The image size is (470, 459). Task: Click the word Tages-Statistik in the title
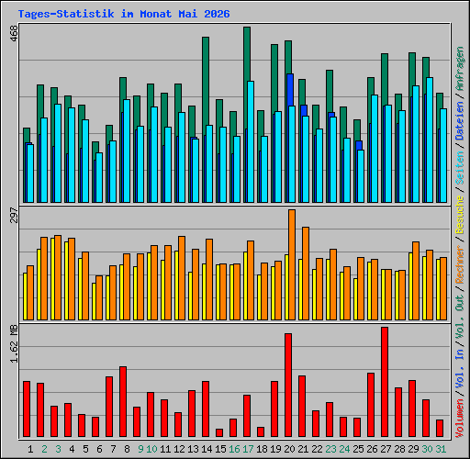pyautogui.click(x=66, y=14)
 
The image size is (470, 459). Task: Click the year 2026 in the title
pyautogui.click(x=217, y=14)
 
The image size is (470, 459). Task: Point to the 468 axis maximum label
pyautogui.click(x=14, y=34)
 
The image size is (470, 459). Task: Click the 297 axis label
pyautogui.click(x=14, y=215)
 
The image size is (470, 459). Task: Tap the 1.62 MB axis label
pyautogui.click(x=14, y=343)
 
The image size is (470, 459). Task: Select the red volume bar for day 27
pyautogui.click(x=385, y=382)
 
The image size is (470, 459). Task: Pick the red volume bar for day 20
pyautogui.click(x=288, y=385)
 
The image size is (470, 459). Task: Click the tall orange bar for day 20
pyautogui.click(x=292, y=264)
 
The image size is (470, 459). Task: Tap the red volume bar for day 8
pyautogui.click(x=123, y=401)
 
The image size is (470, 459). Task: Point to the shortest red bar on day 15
pyautogui.click(x=219, y=432)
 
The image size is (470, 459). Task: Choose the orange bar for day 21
pyautogui.click(x=306, y=274)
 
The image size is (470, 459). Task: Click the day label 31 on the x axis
pyautogui.click(x=441, y=449)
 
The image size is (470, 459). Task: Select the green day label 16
pyautogui.click(x=234, y=449)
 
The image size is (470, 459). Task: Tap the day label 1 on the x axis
pyautogui.click(x=30, y=449)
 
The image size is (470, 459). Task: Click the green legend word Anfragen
pyautogui.click(x=460, y=69)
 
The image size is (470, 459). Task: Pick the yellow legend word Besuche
pyautogui.click(x=460, y=215)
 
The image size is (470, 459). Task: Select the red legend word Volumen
pyautogui.click(x=460, y=419)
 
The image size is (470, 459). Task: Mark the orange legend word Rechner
pyautogui.click(x=460, y=264)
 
